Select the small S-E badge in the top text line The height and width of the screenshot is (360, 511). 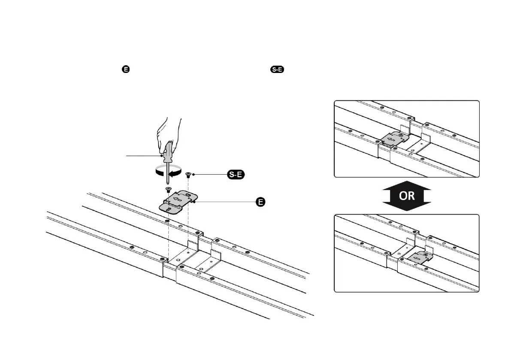tap(277, 69)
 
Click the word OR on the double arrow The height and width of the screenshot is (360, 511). tap(407, 196)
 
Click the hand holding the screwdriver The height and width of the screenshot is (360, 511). tap(169, 131)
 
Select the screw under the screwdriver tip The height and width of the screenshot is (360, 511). tap(168, 189)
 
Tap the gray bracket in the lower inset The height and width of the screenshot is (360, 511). tap(418, 259)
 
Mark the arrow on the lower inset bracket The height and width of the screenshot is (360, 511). tap(416, 260)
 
